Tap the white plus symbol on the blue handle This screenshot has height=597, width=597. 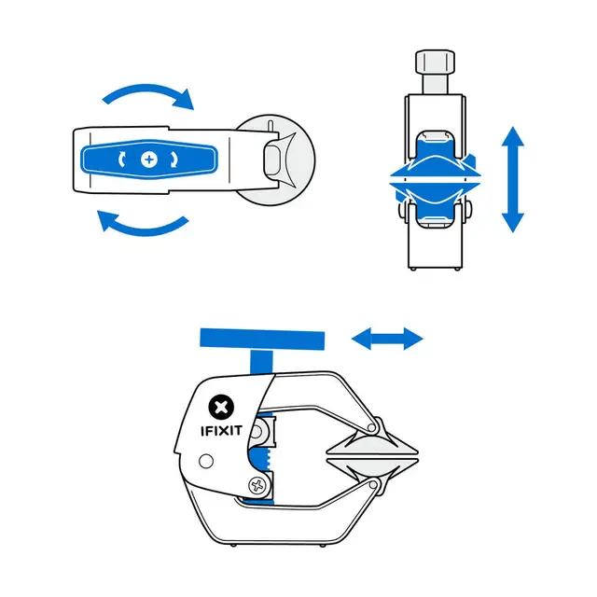[148, 160]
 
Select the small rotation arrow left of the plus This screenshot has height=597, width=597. [123, 160]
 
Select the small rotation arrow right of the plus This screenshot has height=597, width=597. [174, 160]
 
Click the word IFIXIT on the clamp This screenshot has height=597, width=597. [222, 431]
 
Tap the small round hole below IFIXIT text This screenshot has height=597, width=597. [206, 460]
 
